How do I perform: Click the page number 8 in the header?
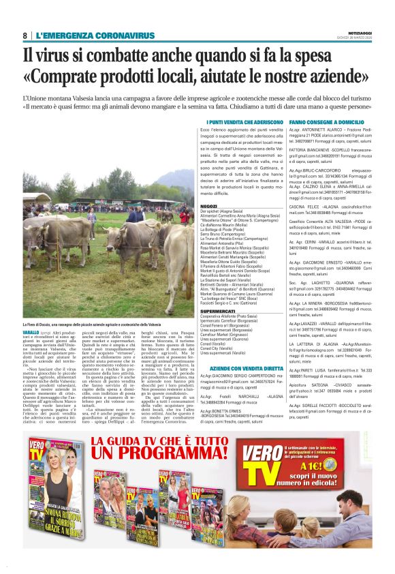25,35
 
